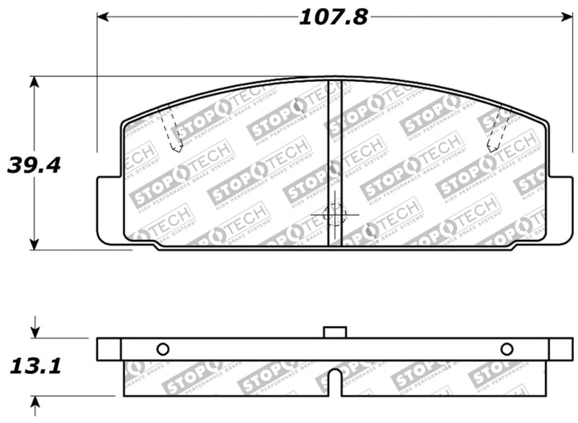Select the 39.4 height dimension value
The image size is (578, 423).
(x=35, y=165)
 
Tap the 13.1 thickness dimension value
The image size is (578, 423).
(x=35, y=367)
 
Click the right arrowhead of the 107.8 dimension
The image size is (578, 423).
(x=560, y=17)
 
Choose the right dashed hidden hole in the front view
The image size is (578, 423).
(x=499, y=129)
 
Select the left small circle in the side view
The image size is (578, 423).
(x=162, y=349)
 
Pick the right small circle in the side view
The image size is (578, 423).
(x=507, y=349)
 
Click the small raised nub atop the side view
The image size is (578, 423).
(x=334, y=331)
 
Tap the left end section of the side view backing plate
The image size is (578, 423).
(x=108, y=349)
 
